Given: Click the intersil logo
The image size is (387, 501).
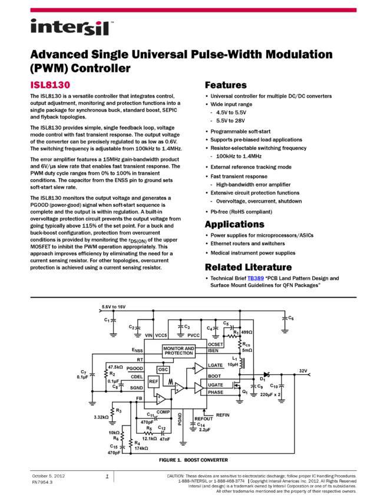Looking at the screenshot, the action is pos(72,28).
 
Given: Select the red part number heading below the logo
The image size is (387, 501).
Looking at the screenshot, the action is pos(50,85).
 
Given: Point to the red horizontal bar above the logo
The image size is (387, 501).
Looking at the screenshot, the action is pos(193,10).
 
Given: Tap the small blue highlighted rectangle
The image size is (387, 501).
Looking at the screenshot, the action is pos(256,279).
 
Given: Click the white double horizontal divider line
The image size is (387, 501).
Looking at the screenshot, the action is pos(193,298).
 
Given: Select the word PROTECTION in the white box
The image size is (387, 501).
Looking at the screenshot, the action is pos(178,354).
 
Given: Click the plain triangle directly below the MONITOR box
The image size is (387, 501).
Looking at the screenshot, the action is pos(199,368).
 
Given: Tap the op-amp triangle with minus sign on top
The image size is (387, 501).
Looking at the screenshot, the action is pos(178,388).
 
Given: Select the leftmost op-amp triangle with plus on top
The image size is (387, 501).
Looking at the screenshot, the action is pos(160,399).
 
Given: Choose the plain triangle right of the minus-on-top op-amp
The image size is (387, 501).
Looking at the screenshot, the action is pos(199,388).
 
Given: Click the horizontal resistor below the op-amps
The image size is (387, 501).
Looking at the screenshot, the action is pos(148,434).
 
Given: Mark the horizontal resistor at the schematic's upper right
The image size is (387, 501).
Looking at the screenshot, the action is pos(231,337).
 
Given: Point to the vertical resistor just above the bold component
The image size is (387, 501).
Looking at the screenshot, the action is pos(240,344).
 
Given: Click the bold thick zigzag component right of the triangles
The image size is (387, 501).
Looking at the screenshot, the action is pos(239,363).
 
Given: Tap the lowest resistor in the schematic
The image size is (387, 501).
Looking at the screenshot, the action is pos(131,443).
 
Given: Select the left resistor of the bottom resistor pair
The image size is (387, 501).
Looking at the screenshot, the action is pos(122,436).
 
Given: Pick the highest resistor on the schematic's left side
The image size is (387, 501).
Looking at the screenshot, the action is pos(106,373).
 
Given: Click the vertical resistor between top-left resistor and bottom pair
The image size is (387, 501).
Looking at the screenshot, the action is pos(113,412).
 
